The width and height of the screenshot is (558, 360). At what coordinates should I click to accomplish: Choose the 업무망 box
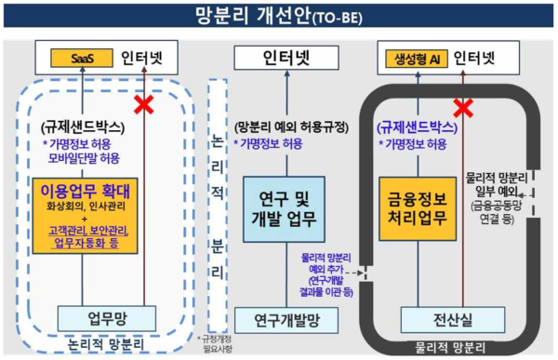pyautogui.click(x=100, y=318)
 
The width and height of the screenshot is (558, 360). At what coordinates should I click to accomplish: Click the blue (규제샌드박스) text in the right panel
pyautogui.click(x=415, y=128)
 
